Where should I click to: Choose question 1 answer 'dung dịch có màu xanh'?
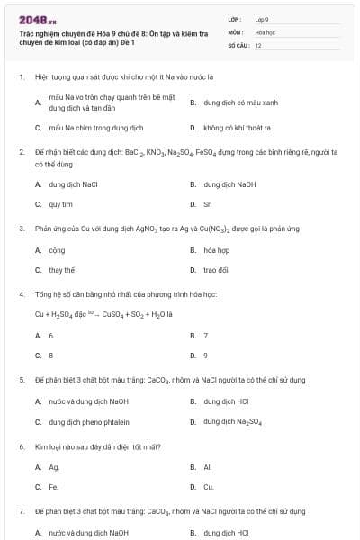click(235, 103)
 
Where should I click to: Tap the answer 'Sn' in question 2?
click(208, 204)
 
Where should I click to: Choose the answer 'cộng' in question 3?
click(57, 250)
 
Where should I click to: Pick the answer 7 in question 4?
click(206, 335)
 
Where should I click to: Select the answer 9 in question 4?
click(206, 355)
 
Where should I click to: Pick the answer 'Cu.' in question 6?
click(208, 487)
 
